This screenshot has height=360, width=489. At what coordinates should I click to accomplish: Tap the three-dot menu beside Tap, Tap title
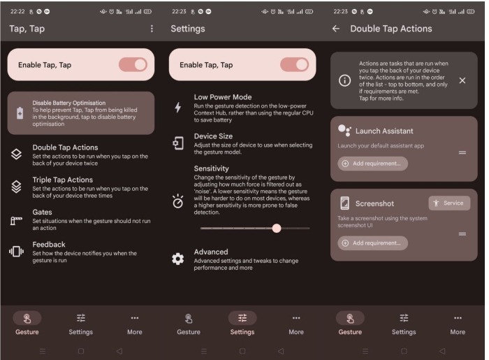[x=152, y=29]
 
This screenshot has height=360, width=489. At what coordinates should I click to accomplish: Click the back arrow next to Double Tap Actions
[x=336, y=29]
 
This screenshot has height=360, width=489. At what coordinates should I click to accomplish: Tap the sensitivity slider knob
[x=277, y=229]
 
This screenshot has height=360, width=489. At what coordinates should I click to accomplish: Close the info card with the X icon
[x=462, y=80]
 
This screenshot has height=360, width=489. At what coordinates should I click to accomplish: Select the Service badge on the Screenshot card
[x=449, y=203]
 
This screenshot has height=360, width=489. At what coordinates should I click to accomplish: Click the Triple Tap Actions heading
[x=63, y=180]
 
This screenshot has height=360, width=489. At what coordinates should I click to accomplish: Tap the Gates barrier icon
[x=16, y=220]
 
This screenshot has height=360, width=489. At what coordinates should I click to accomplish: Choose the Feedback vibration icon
[x=16, y=251]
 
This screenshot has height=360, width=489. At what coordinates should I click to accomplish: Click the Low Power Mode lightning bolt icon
[x=177, y=108]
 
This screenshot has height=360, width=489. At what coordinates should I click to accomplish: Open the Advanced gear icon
[x=177, y=259]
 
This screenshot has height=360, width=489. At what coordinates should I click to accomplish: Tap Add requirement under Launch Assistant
[x=372, y=164]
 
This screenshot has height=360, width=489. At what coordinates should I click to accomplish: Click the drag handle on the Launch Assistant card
[x=462, y=152]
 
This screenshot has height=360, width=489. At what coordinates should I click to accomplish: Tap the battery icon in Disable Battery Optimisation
[x=20, y=113]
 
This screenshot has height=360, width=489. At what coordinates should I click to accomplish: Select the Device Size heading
[x=213, y=136]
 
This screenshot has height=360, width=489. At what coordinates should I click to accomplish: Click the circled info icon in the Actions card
[x=344, y=80]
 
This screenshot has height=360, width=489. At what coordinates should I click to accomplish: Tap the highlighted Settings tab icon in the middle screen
[x=242, y=318]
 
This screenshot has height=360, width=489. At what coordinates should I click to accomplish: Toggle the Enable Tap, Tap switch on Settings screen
[x=294, y=65]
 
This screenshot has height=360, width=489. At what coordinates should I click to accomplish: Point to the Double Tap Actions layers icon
[x=16, y=154]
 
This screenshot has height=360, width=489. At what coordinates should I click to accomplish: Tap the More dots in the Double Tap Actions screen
[x=458, y=318]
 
